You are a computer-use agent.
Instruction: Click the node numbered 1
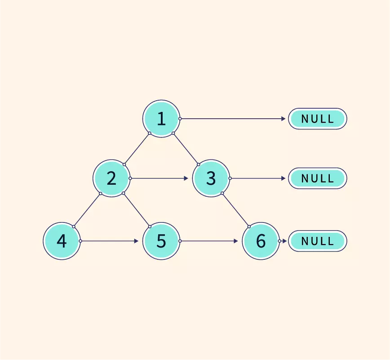click(161, 119)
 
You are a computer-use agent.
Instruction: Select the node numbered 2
click(111, 178)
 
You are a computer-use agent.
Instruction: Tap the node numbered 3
click(211, 178)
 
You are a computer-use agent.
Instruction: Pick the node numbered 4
click(62, 241)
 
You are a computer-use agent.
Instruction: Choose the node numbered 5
click(161, 241)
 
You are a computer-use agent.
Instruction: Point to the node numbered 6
click(261, 241)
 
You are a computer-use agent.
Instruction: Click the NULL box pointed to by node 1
click(317, 119)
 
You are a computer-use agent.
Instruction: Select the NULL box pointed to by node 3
click(317, 178)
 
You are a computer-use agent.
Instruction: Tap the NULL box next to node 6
click(317, 241)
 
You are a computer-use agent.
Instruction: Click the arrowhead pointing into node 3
click(186, 178)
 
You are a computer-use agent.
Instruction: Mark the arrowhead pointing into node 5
click(136, 241)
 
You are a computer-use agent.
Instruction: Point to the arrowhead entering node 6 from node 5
click(235, 241)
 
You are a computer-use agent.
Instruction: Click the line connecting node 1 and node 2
click(137, 148)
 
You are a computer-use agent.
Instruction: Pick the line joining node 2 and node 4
click(87, 210)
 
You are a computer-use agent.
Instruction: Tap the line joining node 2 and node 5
click(136, 209)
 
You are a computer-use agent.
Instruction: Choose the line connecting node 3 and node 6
click(235, 209)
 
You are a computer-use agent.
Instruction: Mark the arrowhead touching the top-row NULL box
click(283, 119)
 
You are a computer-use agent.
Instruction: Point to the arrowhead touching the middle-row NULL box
click(283, 178)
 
